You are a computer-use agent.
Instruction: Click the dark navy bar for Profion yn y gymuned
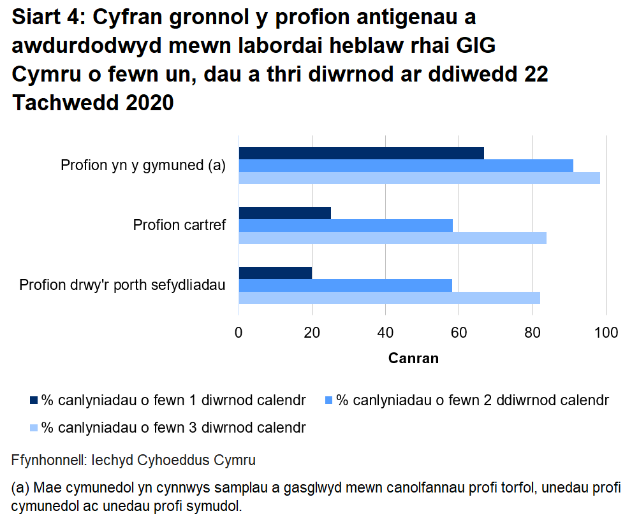pyautogui.click(x=361, y=153)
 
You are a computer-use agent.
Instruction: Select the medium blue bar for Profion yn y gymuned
pyautogui.click(x=406, y=166)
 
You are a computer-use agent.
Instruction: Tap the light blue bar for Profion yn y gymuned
pyautogui.click(x=419, y=178)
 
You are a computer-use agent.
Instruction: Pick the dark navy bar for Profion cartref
pyautogui.click(x=284, y=213)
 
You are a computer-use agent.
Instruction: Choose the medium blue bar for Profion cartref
pyautogui.click(x=346, y=226)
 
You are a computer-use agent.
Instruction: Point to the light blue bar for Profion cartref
pyautogui.click(x=392, y=238)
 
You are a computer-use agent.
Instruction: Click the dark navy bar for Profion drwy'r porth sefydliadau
pyautogui.click(x=275, y=273)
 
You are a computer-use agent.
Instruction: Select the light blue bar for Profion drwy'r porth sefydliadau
pyautogui.click(x=389, y=298)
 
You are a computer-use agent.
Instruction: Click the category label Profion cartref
pyautogui.click(x=179, y=225)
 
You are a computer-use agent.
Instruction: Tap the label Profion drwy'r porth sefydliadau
pyautogui.click(x=122, y=285)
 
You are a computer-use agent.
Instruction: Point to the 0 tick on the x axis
pyautogui.click(x=239, y=332)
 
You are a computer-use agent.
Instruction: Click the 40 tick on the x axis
pyautogui.click(x=385, y=332)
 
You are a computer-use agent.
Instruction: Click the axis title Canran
pyautogui.click(x=413, y=358)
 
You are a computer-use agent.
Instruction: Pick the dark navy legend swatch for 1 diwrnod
pyautogui.click(x=34, y=401)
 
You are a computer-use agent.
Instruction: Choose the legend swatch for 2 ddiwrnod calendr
pyautogui.click(x=329, y=401)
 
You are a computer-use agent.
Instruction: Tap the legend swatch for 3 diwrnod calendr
pyautogui.click(x=34, y=428)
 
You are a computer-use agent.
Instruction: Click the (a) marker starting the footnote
pyautogui.click(x=20, y=489)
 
